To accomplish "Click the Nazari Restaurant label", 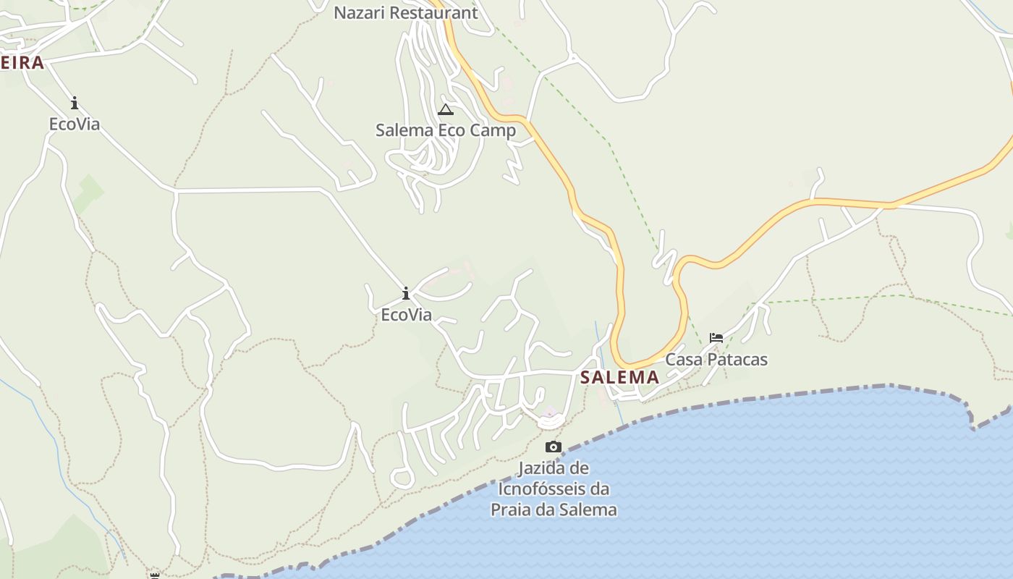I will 405,13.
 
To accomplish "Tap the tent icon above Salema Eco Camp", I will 445,110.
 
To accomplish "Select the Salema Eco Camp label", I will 445,130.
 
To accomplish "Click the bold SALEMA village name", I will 619,377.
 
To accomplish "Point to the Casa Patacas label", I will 716,360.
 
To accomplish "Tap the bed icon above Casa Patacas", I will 716,337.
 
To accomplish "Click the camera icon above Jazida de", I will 554,447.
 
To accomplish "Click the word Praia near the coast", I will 512,510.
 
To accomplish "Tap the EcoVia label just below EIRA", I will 74,124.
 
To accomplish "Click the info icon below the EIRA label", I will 74,103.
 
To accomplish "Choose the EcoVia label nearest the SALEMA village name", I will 406,315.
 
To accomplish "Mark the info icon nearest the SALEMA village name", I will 406,293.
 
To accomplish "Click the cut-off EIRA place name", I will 22,63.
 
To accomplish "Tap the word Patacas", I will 737,360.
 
